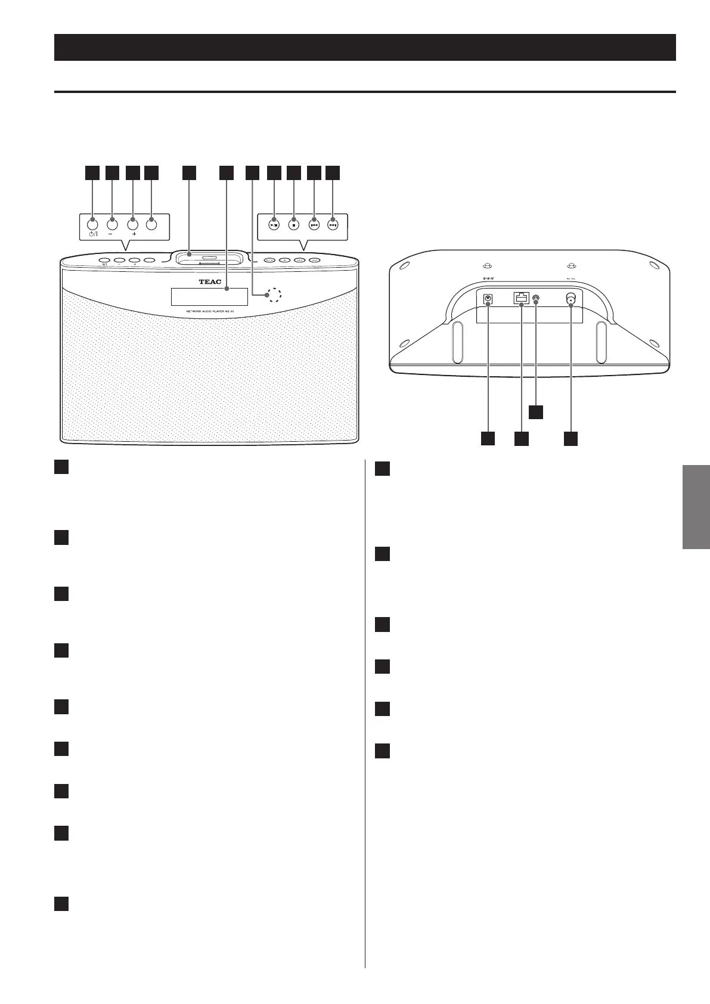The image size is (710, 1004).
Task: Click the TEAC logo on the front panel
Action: click(209, 282)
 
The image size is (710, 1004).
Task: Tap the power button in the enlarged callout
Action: click(92, 224)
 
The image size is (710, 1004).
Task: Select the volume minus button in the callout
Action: click(113, 224)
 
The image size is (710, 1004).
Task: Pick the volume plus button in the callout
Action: click(132, 224)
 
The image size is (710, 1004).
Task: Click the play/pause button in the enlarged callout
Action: click(274, 225)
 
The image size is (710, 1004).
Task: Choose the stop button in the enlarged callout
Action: click(293, 225)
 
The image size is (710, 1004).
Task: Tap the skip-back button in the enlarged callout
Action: click(314, 225)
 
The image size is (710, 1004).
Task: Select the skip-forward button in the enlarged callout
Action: click(333, 225)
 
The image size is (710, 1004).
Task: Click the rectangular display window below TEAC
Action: click(209, 296)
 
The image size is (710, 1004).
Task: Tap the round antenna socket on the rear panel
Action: click(571, 299)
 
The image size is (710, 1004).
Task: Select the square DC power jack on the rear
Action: click(488, 299)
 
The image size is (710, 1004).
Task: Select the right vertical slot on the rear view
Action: click(601, 342)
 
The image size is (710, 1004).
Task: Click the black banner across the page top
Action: click(365, 48)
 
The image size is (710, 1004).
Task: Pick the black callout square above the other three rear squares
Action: click(537, 412)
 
